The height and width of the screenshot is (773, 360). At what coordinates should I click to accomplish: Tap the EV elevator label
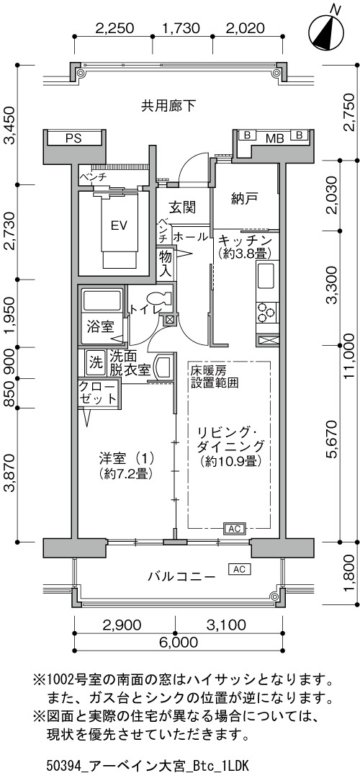(120, 225)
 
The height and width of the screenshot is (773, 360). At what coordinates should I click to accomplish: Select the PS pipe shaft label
(73, 138)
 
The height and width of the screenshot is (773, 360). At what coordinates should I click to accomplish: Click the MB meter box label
(275, 138)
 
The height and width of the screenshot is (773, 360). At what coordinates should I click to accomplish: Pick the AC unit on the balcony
(239, 569)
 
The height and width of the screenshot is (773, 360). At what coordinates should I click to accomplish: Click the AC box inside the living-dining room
(235, 529)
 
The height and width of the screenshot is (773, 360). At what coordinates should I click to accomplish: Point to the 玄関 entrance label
(182, 207)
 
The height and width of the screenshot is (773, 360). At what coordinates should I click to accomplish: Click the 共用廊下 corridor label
(169, 104)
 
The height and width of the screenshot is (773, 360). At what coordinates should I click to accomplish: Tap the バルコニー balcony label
(181, 576)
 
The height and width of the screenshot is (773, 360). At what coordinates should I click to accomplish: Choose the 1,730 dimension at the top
(181, 27)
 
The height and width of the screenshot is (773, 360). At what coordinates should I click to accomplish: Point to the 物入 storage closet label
(164, 263)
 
